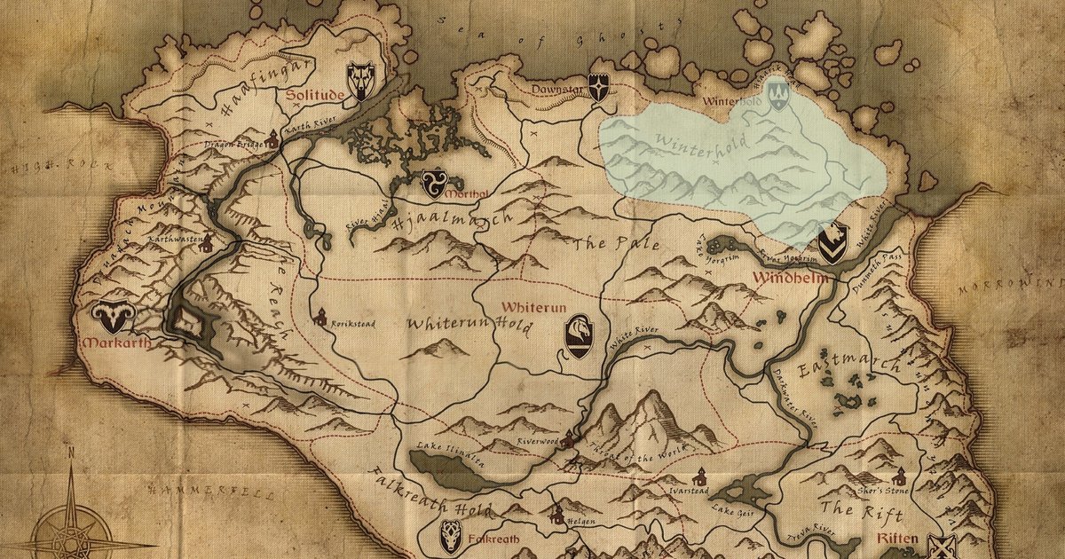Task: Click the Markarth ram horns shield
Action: pyautogui.click(x=112, y=317)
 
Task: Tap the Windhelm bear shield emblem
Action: pyautogui.click(x=832, y=243)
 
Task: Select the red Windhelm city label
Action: pyautogui.click(x=792, y=278)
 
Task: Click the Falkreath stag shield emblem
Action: pyautogui.click(x=451, y=535)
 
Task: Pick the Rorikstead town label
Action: pyautogui.click(x=352, y=324)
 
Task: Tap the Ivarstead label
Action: pyautogui.click(x=681, y=487)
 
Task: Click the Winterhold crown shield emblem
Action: pyautogui.click(x=777, y=92)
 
